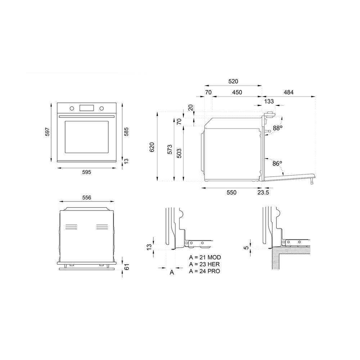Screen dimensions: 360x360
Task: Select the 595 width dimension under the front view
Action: pyautogui.click(x=86, y=172)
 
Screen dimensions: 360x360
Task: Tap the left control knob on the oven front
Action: pyautogui.click(x=72, y=108)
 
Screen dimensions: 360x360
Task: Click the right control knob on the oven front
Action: pyautogui.click(x=102, y=108)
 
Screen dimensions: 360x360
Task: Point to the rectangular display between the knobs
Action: pyautogui.click(x=86, y=108)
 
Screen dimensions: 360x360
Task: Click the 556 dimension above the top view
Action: pyautogui.click(x=86, y=197)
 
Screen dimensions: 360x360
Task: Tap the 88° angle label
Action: pyautogui.click(x=278, y=128)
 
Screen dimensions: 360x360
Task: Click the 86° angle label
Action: pyautogui.click(x=277, y=163)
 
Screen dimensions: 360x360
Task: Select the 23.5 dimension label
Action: pyautogui.click(x=263, y=193)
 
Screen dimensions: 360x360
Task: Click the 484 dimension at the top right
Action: pyautogui.click(x=288, y=93)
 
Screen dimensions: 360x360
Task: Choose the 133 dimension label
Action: pyautogui.click(x=269, y=102)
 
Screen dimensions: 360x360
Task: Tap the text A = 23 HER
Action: pyautogui.click(x=204, y=264)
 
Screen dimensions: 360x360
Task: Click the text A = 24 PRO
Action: pyautogui.click(x=204, y=271)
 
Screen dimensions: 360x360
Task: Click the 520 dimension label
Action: pyautogui.click(x=233, y=82)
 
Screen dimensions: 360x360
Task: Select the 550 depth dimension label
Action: pyautogui.click(x=231, y=193)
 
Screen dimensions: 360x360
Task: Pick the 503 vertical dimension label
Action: pyautogui.click(x=179, y=153)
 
